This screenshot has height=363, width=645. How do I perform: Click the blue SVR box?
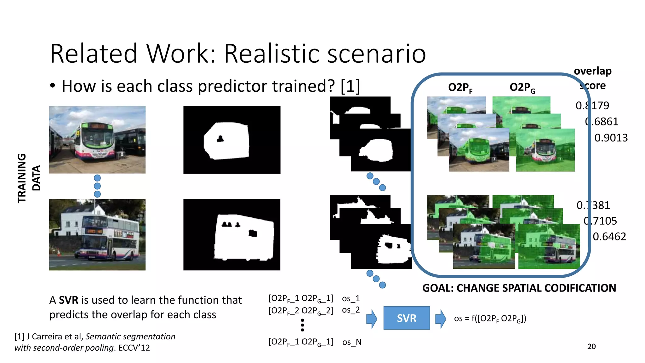click(406, 318)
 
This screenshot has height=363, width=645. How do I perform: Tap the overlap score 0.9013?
click(611, 138)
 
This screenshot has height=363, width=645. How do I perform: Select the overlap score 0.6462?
click(609, 236)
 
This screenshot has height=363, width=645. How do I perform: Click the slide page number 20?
click(591, 346)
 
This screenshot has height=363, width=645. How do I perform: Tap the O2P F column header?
click(460, 87)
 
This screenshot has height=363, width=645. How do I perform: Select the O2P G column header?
click(522, 87)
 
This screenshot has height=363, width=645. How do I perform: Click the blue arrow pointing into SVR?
click(372, 319)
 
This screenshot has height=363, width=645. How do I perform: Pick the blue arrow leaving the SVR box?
click(441, 319)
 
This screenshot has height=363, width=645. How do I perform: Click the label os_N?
click(351, 342)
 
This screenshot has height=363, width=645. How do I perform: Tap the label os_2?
click(351, 310)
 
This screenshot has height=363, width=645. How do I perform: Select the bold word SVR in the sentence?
click(68, 300)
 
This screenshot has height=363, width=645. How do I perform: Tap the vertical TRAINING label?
click(22, 178)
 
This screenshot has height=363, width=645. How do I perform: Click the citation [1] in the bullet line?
click(350, 86)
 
